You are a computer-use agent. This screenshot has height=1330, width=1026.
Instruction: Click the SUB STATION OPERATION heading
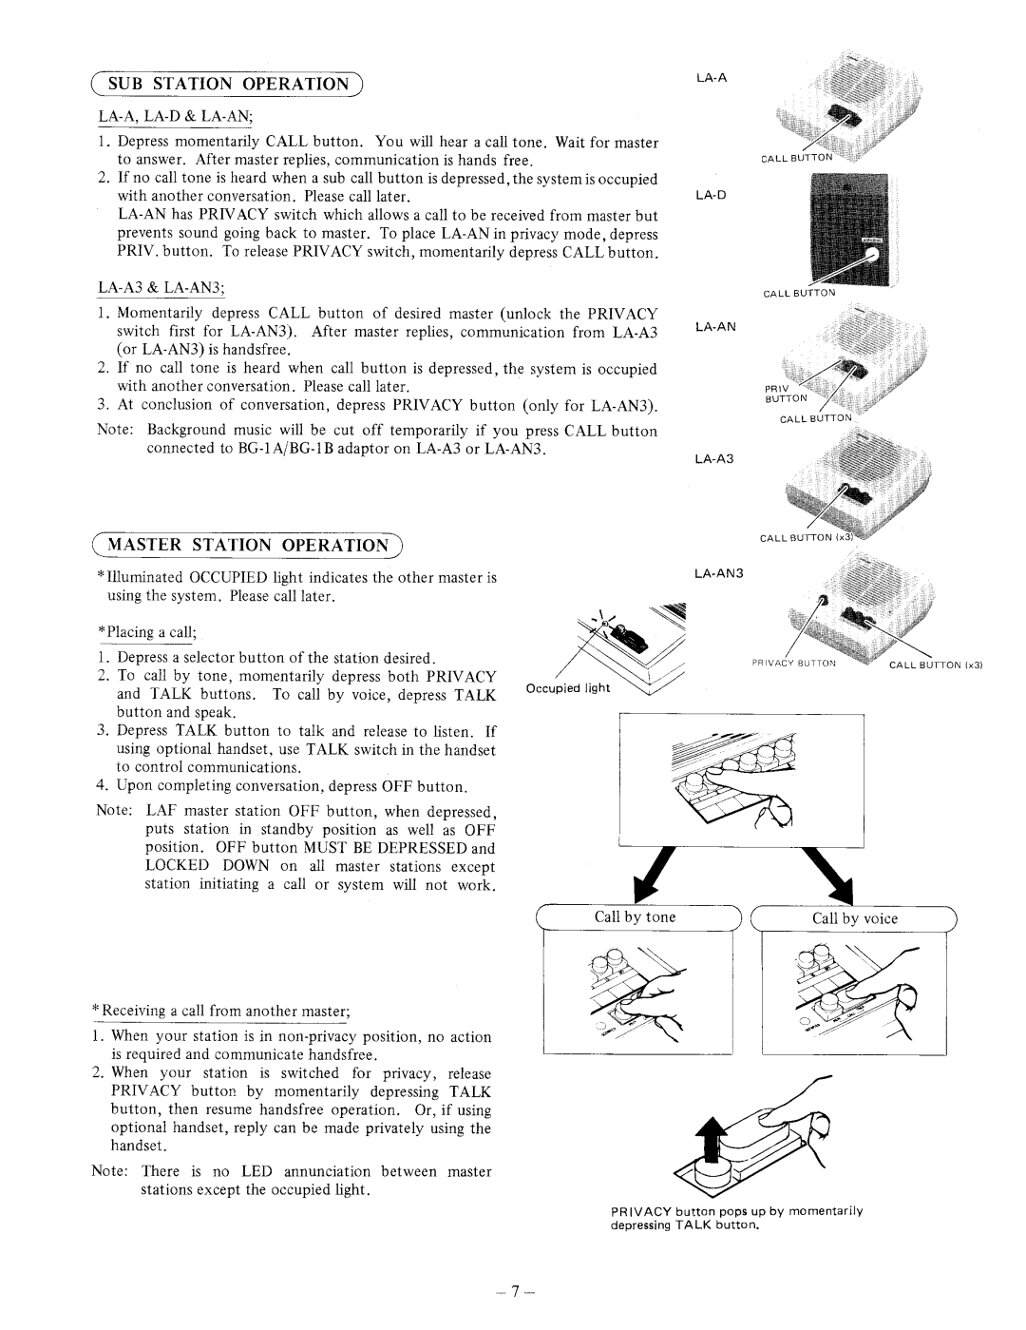point(227,84)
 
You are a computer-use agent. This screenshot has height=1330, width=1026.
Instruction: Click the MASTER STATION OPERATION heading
point(247,546)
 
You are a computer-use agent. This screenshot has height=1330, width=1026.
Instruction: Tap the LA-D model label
point(711,195)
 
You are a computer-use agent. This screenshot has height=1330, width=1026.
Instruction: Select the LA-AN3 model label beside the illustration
point(718,573)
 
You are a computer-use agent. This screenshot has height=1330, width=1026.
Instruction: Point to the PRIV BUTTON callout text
point(786,394)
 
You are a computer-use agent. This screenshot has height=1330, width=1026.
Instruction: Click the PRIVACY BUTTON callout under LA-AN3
point(793,663)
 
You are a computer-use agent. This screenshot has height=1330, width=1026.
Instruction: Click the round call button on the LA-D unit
point(872,255)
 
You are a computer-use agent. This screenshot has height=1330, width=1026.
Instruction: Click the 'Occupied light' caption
point(568,688)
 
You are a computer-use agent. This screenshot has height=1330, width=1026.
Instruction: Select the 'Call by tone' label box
point(638,916)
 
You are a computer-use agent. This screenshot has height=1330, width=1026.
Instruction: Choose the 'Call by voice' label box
point(853,918)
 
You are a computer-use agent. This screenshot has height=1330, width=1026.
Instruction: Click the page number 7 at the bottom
point(515,1291)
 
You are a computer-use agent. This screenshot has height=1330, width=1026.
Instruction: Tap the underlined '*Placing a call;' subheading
point(146,631)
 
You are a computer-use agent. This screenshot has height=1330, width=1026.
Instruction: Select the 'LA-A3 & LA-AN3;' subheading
point(161,288)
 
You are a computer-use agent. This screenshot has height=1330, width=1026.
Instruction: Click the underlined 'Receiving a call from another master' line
point(220,1011)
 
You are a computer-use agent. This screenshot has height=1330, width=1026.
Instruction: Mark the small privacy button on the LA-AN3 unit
point(823,601)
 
